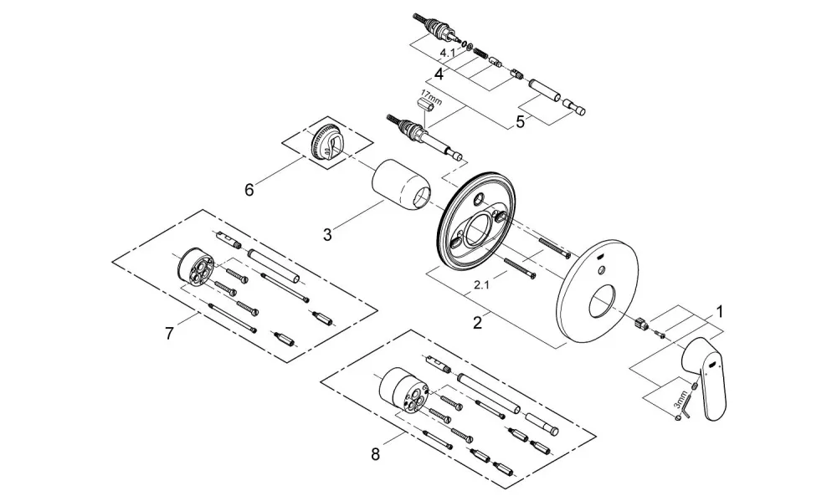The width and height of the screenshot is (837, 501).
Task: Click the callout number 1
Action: [x=719, y=312]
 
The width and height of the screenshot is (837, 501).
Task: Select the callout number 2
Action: [x=477, y=323]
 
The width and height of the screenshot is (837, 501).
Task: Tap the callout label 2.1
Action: [x=481, y=285]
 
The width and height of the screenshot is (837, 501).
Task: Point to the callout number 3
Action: [x=327, y=234]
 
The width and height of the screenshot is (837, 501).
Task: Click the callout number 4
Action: [x=439, y=74]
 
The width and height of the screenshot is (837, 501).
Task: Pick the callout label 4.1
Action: [x=447, y=54]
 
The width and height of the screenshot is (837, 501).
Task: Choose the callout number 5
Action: [x=520, y=122]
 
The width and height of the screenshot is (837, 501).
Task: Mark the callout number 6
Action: [x=249, y=189]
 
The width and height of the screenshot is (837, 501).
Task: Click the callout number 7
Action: [x=169, y=334]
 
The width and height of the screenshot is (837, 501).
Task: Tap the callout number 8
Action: [x=375, y=455]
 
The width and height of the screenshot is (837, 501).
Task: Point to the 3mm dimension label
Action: [x=680, y=400]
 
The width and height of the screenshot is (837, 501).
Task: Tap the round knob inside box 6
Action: [x=325, y=142]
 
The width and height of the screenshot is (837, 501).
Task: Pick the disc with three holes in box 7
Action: [x=195, y=267]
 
